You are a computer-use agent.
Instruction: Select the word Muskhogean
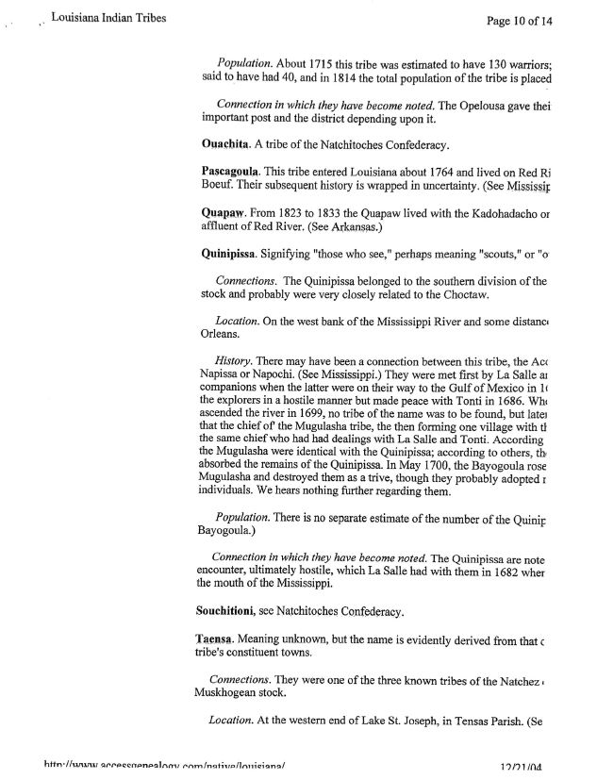click(243, 694)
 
